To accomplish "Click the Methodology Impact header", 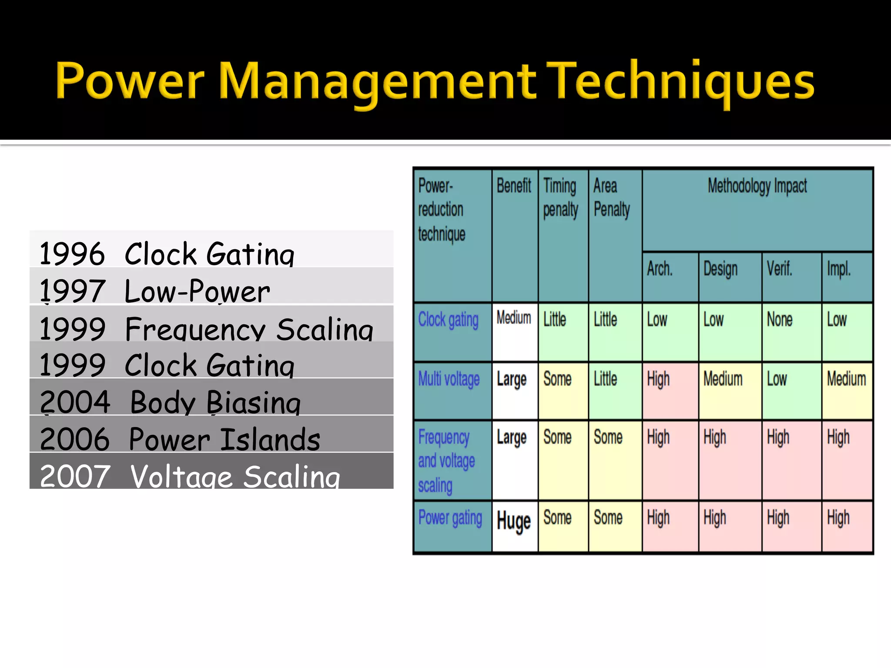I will click(757, 186).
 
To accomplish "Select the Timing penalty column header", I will click(561, 198).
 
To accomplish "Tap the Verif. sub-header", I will click(780, 269).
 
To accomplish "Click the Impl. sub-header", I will click(839, 269).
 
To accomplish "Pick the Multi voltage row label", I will click(449, 379).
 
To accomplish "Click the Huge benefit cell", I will click(514, 521).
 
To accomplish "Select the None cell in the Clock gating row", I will click(780, 320).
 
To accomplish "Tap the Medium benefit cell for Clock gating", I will click(514, 318).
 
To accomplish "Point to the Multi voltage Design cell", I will click(723, 379).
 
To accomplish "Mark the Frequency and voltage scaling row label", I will click(446, 461).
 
